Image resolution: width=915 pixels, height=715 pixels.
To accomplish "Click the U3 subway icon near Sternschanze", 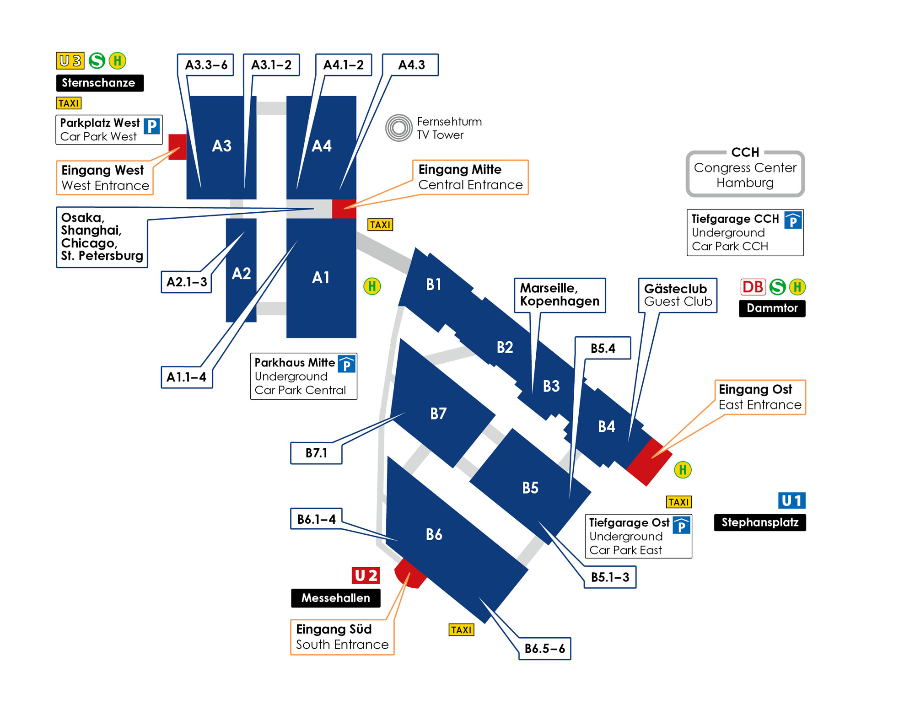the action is coord(70,60).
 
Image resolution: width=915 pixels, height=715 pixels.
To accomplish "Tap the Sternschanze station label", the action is coord(100,83).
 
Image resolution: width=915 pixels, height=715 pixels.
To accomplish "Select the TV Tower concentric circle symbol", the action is coord(399,128).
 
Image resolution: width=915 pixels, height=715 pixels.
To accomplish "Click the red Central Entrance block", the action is coord(344,209).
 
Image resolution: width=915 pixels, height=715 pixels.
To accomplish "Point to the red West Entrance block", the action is coord(178,147).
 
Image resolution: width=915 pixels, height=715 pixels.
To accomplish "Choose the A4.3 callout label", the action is coord(410,65).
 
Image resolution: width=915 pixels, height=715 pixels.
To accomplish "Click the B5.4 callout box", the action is coord(603,348).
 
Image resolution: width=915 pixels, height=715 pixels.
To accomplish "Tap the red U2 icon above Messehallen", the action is coord(366,575).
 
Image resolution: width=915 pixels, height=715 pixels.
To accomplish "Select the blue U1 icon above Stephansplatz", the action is coord(792,500).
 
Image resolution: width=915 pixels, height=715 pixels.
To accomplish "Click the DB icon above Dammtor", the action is coord(753,287).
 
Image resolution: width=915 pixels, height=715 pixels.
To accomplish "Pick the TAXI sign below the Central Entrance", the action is coord(380,225).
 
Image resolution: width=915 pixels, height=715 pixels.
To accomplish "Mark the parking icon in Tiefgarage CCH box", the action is coord(793,220).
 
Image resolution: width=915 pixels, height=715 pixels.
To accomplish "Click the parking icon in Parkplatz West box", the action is coord(152,126).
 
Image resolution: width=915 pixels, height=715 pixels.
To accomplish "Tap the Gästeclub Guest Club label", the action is coord(678,295).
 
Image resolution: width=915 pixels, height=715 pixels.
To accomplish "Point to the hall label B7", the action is coord(438,414).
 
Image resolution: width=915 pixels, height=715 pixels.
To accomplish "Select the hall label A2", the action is coord(241,274).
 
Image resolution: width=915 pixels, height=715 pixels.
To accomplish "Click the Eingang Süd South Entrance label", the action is coord(342,637).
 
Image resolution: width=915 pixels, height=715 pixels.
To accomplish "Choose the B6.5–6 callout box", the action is coord(544,648).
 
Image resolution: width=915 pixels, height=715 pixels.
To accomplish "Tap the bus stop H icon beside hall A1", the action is coord(372,286).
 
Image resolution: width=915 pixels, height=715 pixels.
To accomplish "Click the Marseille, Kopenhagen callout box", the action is coord(560,295).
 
